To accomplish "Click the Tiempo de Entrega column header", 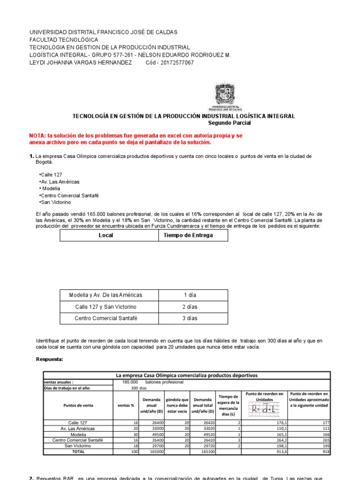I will [x=187, y=235].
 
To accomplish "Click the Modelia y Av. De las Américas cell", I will [x=105, y=295].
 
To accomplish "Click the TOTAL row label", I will [x=78, y=452].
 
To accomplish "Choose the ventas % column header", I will [x=126, y=405].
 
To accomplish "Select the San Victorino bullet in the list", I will [x=55, y=202].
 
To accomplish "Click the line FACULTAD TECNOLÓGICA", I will [x=64, y=40].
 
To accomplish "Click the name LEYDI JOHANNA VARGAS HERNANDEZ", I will [x=81, y=63].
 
